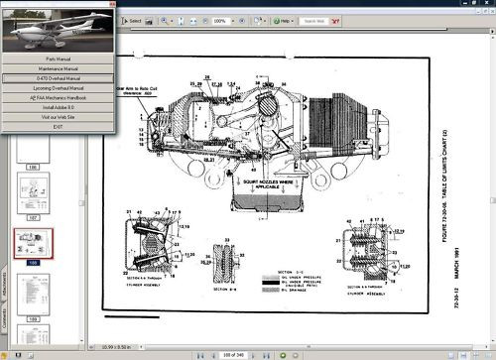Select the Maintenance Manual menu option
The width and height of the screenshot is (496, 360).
coord(61,66)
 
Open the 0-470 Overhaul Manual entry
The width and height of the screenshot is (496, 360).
coord(61,77)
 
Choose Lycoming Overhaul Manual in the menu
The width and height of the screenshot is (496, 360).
coord(61,88)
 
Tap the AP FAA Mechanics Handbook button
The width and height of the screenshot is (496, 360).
coord(61,99)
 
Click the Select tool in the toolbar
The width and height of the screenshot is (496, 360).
coord(133,20)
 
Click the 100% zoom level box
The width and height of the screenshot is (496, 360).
coord(220,20)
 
